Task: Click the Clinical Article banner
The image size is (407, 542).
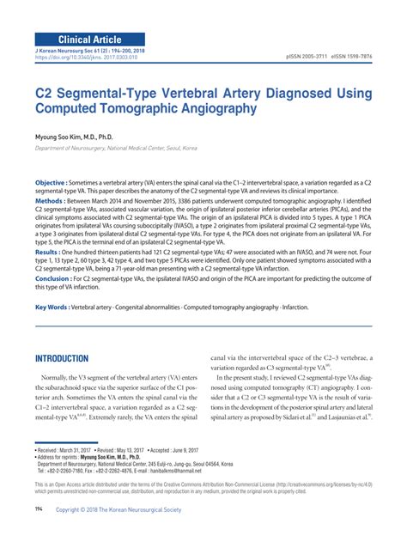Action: [89, 40]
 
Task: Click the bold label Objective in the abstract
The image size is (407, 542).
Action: [51, 184]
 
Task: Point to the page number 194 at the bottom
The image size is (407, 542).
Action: [38, 508]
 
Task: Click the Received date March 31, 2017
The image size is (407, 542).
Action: [76, 449]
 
